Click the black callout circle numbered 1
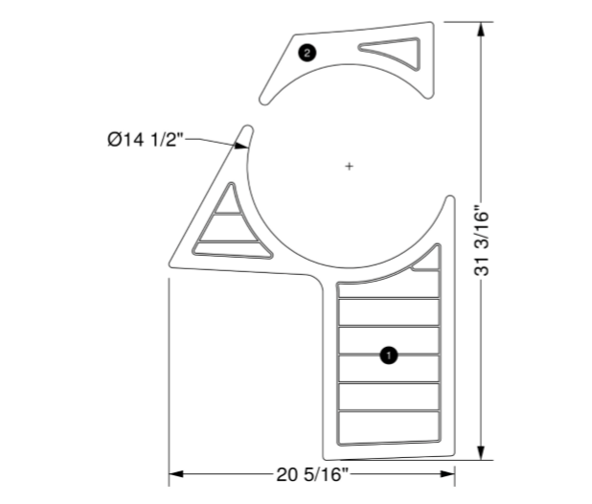(388, 355)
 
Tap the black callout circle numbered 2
(306, 53)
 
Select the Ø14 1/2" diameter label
(145, 140)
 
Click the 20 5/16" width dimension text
(311, 473)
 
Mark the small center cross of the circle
(349, 167)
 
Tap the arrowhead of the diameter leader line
(241, 146)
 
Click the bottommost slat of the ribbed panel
(388, 428)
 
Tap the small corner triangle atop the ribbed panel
(427, 261)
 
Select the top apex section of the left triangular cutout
(228, 198)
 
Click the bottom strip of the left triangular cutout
(228, 249)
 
